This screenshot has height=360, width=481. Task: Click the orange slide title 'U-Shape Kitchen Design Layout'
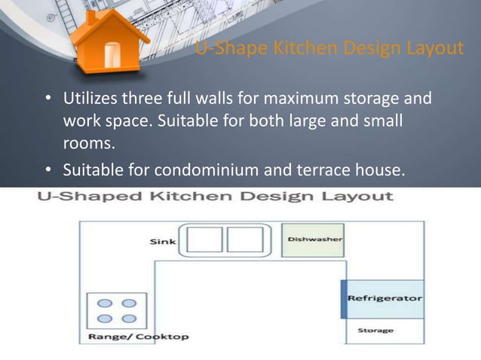point(329,50)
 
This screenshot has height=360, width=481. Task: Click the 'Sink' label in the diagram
point(163,242)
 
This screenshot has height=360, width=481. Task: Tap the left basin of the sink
point(204,239)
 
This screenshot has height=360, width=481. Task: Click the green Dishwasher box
point(313,240)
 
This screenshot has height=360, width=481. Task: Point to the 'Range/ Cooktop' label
point(139,336)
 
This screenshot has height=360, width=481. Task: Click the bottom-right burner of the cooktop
point(129,317)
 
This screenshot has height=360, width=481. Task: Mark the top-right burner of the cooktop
point(129,304)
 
